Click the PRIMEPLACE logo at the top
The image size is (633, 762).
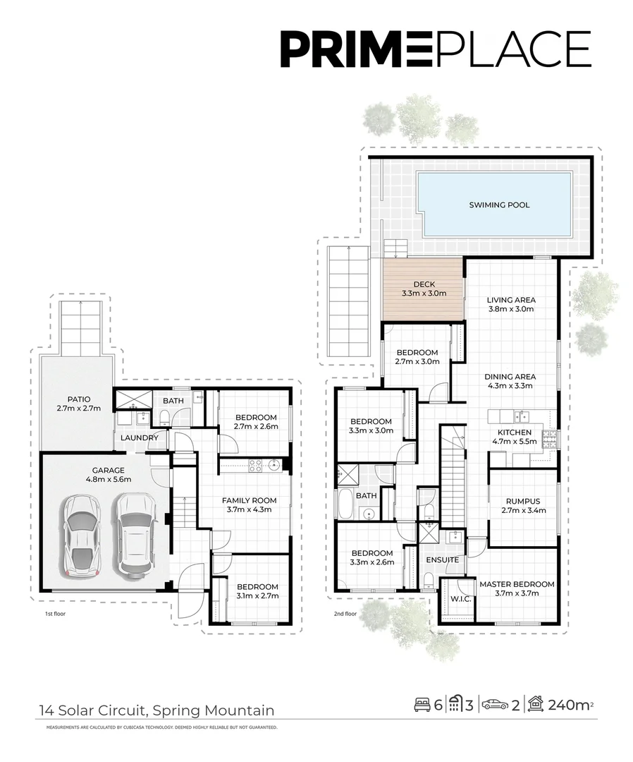435,49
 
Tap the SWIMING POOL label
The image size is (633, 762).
499,205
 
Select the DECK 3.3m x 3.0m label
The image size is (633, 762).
424,289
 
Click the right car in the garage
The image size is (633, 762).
136,533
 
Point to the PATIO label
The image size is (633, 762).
75,404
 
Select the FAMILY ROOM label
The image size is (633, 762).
246,505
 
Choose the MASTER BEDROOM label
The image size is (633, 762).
517,588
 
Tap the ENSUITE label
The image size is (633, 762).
443,560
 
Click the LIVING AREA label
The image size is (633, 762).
511,304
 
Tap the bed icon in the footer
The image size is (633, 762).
422,703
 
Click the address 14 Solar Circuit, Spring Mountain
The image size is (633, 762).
156,710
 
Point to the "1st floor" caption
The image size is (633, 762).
55,614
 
